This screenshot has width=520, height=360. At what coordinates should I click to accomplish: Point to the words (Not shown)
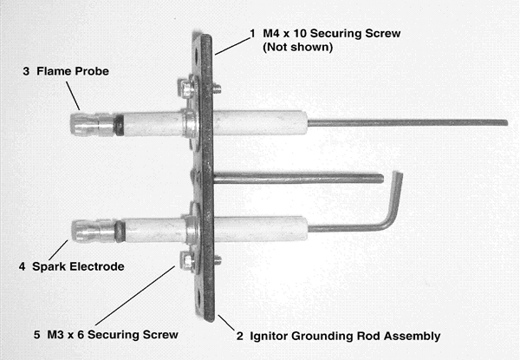click(297, 48)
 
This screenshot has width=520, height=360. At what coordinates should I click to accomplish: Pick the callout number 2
click(240, 335)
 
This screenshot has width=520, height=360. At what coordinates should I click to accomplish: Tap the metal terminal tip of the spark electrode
click(88, 232)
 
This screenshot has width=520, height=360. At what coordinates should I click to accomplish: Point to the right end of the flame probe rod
click(503, 122)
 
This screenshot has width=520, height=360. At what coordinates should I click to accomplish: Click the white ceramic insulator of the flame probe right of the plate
click(256, 122)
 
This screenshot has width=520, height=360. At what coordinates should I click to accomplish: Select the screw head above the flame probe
click(185, 87)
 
